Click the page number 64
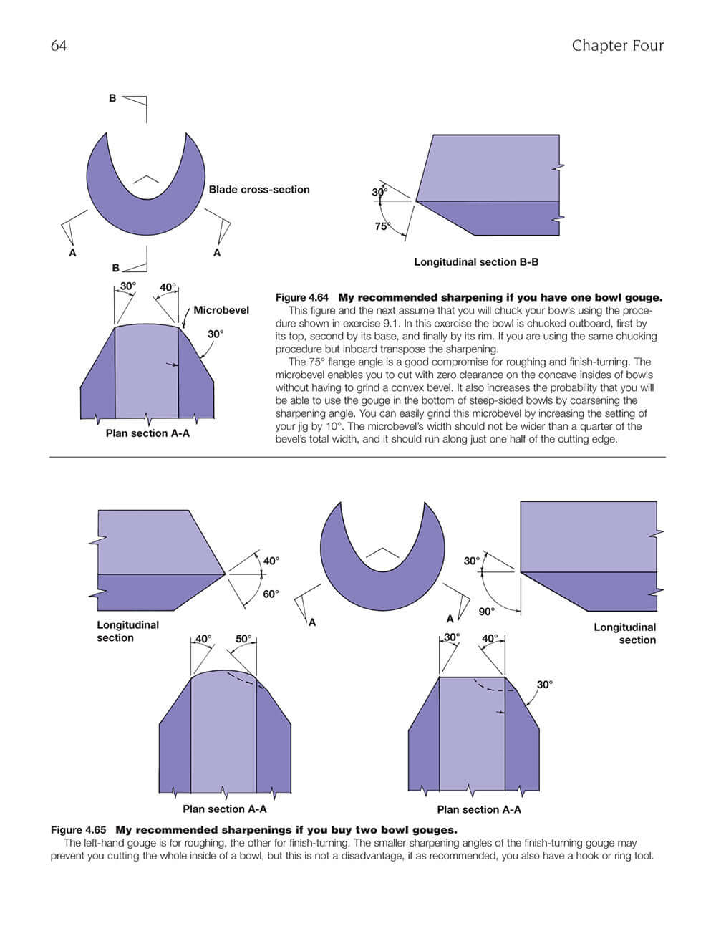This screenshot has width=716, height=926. (x=59, y=46)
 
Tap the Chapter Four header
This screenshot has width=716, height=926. (x=617, y=46)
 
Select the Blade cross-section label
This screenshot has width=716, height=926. (x=259, y=190)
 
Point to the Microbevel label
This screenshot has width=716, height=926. (x=221, y=310)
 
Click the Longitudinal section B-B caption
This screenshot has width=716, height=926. (x=476, y=262)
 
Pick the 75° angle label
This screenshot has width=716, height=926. (x=382, y=226)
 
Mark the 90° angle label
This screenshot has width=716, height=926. (x=487, y=612)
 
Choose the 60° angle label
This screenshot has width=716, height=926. (x=271, y=594)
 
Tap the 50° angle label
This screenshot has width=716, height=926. (x=243, y=639)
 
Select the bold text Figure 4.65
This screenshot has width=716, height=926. (x=78, y=830)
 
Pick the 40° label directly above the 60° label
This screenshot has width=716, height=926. (x=271, y=561)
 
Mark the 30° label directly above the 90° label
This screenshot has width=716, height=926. (x=471, y=561)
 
